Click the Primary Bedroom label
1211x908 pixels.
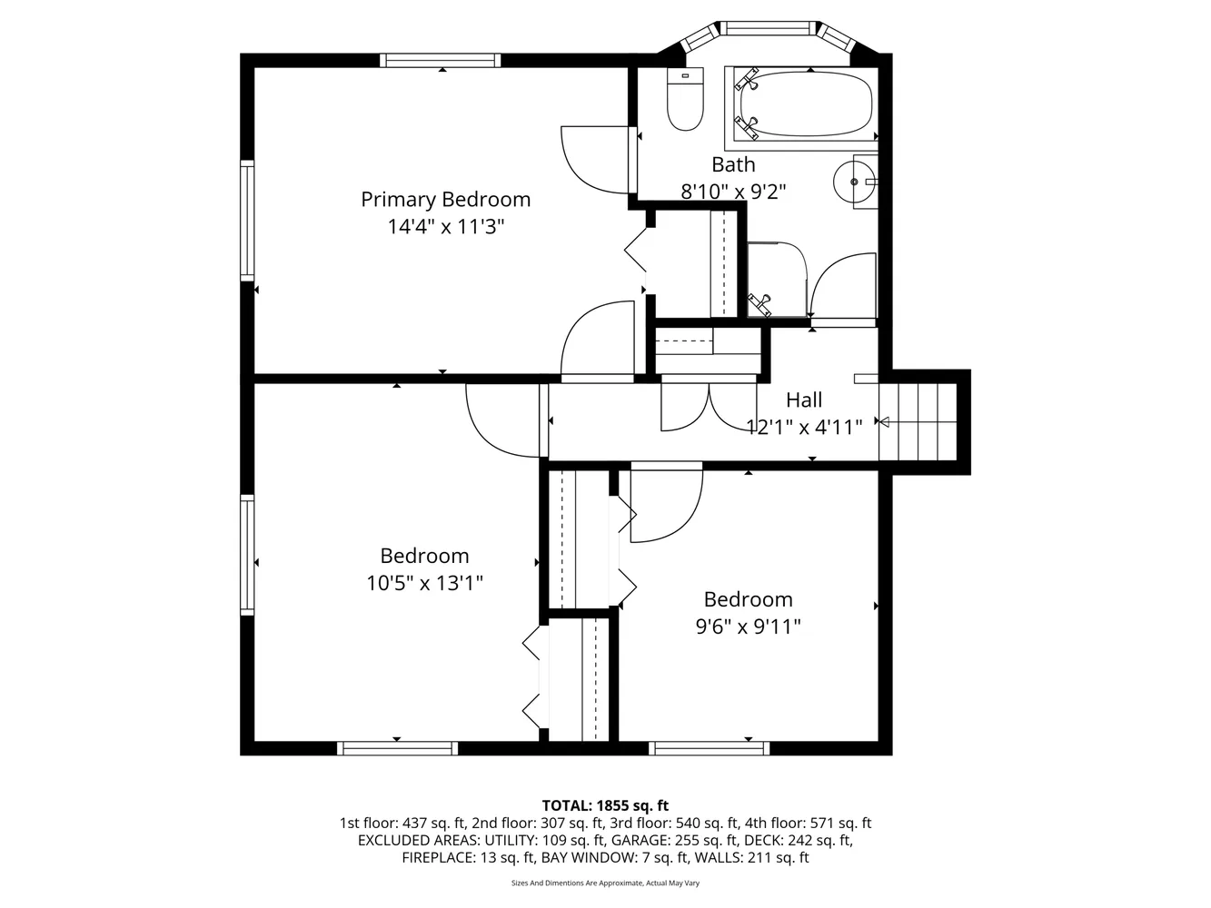point(445,199)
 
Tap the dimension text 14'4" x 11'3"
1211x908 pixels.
point(445,227)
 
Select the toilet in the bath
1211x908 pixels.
point(685,99)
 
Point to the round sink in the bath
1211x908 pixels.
point(854,182)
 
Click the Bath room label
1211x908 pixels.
point(733,164)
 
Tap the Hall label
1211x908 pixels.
point(804,400)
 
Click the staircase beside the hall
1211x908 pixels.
point(919,421)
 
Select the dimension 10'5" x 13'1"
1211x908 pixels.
point(424,583)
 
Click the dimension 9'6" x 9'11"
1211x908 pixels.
point(748,627)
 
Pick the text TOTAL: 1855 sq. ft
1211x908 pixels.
point(605,804)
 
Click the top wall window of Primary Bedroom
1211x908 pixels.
point(440,60)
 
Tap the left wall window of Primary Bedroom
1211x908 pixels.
point(246,219)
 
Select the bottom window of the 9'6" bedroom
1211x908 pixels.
point(710,748)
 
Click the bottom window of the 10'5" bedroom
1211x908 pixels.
point(396,748)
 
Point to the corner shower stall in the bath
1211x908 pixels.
point(777,279)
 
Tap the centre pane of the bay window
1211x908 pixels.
point(769,28)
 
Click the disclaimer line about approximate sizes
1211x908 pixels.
point(605,883)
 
